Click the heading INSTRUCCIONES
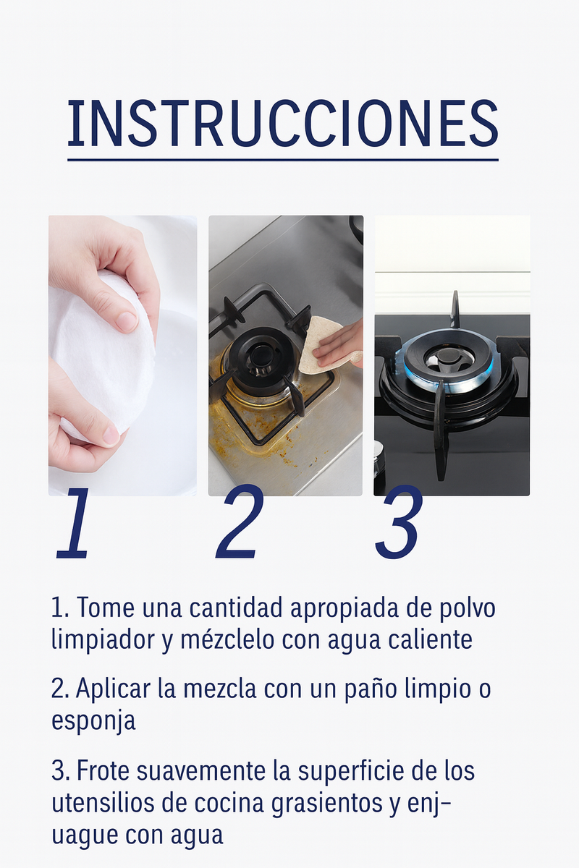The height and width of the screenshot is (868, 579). click(283, 124)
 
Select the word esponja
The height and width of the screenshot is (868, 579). click(93, 721)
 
